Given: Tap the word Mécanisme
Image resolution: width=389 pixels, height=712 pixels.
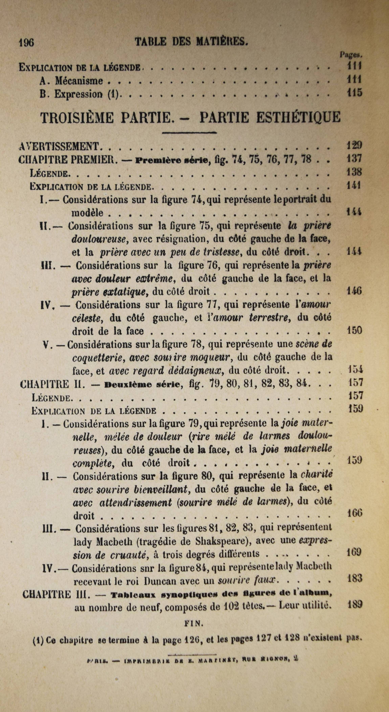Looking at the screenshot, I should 79,81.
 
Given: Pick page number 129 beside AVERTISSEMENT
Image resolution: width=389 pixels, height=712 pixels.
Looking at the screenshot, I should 354,145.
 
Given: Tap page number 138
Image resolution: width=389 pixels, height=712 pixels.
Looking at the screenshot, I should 354,172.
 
